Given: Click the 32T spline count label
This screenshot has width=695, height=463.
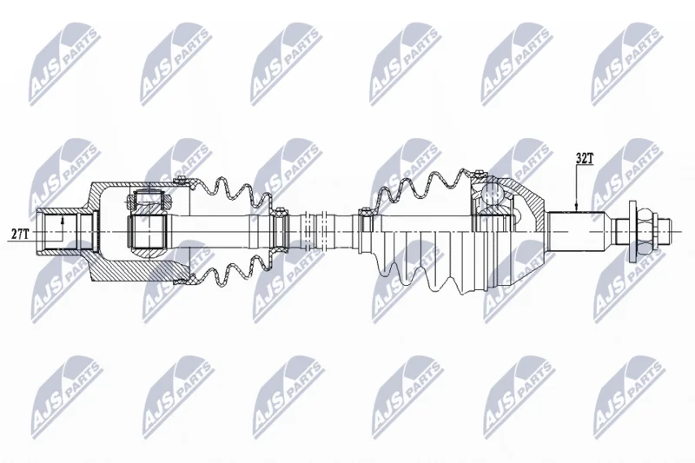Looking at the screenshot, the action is tap(584, 159).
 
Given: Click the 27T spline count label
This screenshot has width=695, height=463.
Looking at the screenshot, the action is tap(20, 235).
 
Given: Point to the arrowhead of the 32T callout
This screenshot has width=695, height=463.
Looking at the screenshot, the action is tap(576, 208).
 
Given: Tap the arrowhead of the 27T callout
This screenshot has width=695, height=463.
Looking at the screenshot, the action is tap(63, 219).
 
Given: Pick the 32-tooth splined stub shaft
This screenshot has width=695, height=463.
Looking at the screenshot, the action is tap(576, 231).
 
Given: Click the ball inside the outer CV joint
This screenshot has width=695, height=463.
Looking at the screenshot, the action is tap(491, 192).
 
